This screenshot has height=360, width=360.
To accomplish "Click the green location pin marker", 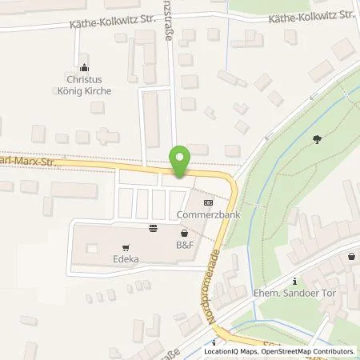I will pos(180,161).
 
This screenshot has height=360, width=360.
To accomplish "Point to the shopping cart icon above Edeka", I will pos(125,246).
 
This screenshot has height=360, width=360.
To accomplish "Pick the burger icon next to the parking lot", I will pos(153,228).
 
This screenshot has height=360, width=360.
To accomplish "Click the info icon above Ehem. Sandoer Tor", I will pos(295,280).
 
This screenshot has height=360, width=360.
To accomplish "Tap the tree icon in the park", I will pos(318,139).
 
